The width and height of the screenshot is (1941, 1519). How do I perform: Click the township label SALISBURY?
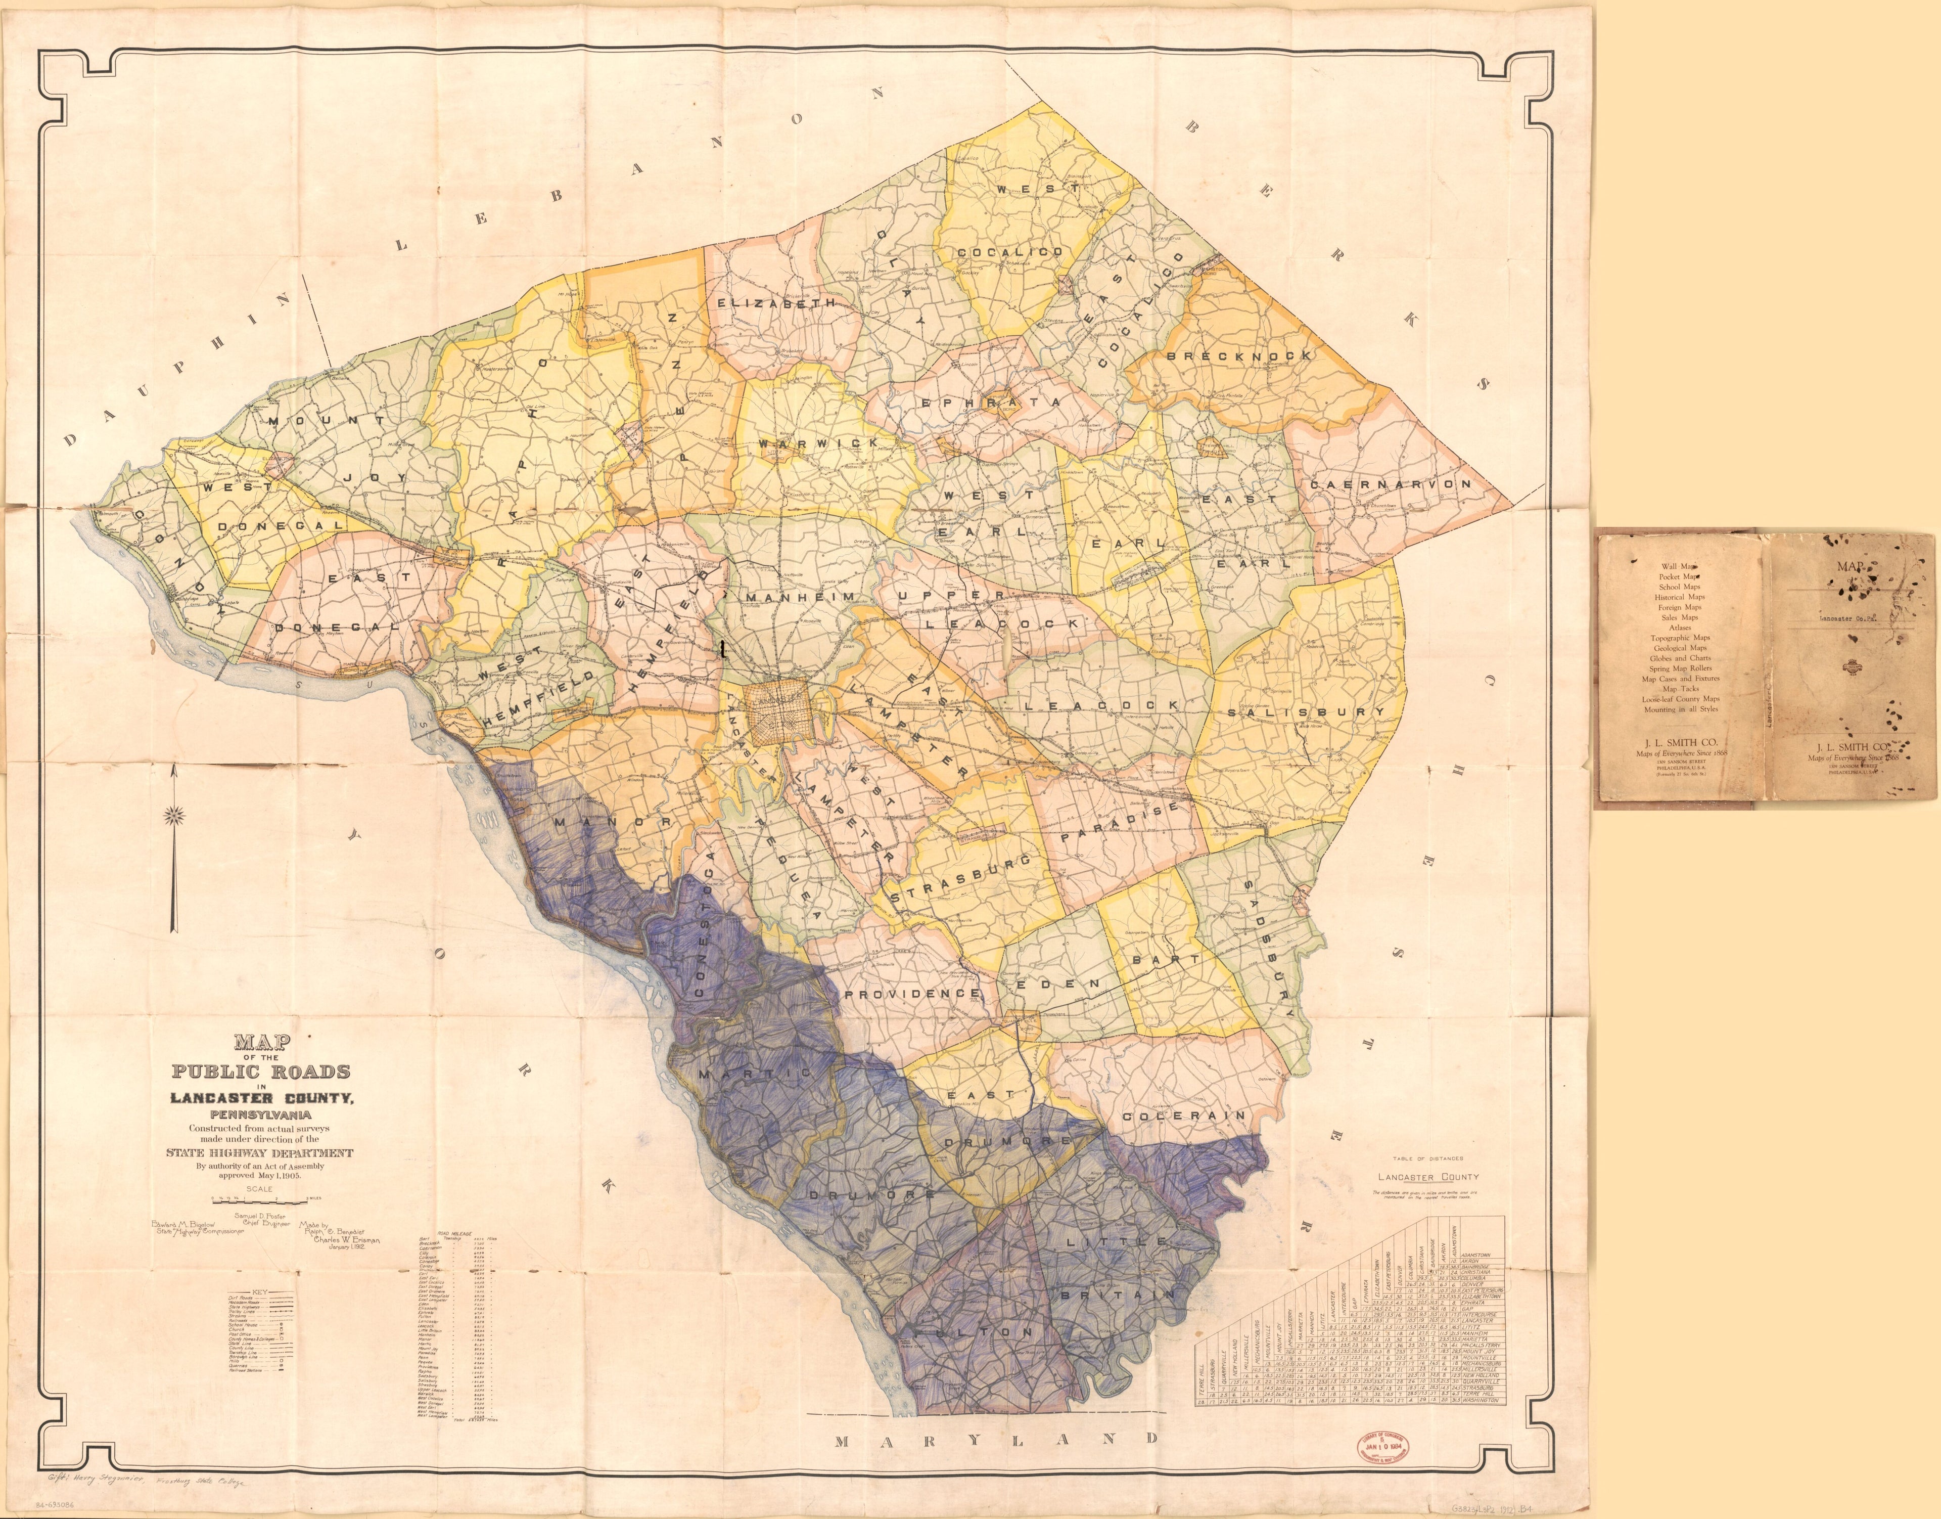[x=1305, y=712]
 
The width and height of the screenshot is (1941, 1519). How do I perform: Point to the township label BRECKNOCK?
[x=1238, y=356]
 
